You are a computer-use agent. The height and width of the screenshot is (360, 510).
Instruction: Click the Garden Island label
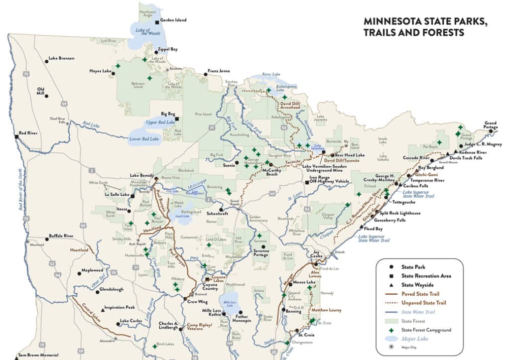[x=174, y=20]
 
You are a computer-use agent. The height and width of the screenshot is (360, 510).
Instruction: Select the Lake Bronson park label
[x=61, y=58]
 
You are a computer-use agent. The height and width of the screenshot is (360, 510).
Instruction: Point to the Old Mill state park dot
[x=47, y=96]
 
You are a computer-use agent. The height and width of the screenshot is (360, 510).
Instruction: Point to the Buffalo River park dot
[x=47, y=240]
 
